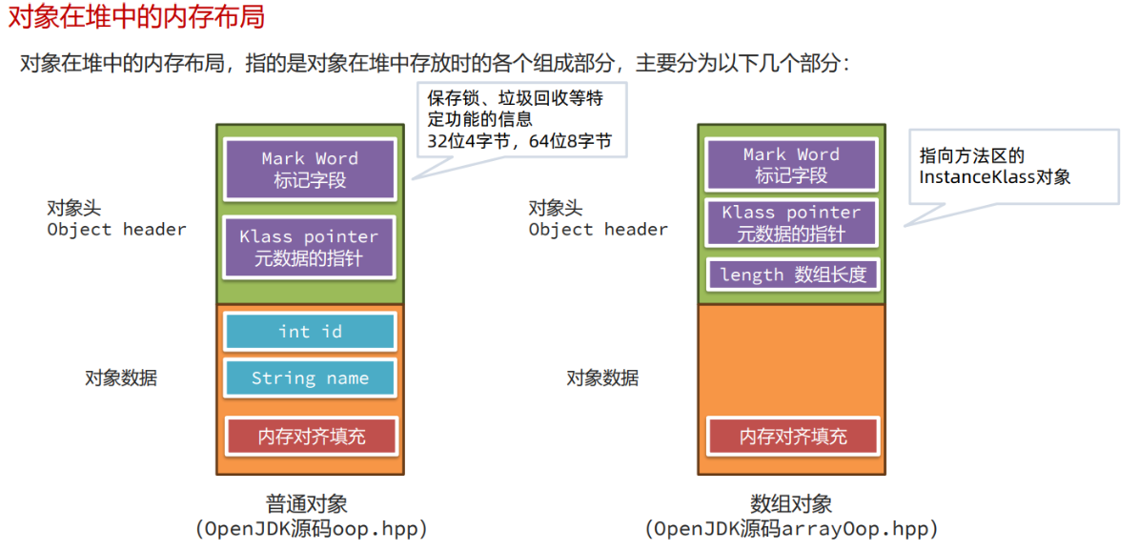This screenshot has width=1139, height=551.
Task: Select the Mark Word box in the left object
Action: pos(310,169)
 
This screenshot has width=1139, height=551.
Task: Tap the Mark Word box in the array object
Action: pos(791,165)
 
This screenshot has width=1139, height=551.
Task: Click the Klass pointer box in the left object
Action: pos(309,247)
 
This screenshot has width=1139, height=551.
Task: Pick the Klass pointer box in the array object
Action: pos(791,222)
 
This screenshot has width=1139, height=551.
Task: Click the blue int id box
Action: pos(310,332)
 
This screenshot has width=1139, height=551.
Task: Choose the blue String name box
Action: pos(310,378)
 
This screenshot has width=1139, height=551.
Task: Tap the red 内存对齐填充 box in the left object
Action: pos(311,437)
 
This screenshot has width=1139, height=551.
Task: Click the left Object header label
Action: pos(116,229)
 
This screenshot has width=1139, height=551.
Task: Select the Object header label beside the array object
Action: pos(599,229)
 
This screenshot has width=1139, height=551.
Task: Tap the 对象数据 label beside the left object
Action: pos(121,378)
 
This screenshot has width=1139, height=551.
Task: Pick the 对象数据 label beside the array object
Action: pos(602,378)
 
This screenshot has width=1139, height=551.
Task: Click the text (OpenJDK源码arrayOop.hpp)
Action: pos(791,528)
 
